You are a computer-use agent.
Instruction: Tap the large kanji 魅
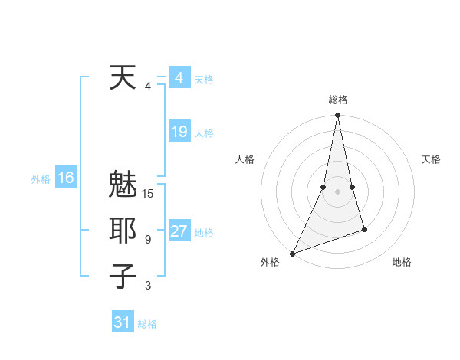coord(123,185)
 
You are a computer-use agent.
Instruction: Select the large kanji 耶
coord(123,231)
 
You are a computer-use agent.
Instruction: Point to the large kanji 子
coord(123,276)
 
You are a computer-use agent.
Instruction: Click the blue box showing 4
coord(179,78)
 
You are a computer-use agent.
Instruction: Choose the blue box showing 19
coord(179,132)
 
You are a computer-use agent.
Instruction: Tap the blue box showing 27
coord(179,231)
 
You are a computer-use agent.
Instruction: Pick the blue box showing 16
coord(65,178)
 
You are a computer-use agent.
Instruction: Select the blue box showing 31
coord(122,322)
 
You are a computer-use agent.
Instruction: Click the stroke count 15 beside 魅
coord(148,194)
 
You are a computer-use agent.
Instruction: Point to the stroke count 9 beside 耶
coord(148,240)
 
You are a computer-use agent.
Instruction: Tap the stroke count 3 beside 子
coord(148,286)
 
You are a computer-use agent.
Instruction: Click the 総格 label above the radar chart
coord(337,100)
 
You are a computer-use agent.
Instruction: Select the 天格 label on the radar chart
coord(431,159)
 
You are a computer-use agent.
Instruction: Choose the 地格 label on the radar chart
coord(402,262)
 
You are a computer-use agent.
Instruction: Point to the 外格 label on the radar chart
coord(270,262)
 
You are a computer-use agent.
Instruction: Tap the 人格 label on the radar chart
coord(245,159)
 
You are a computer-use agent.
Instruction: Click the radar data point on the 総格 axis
coord(337,116)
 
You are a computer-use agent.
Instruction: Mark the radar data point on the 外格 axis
coord(292,253)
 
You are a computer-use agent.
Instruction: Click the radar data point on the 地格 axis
coord(364,229)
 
